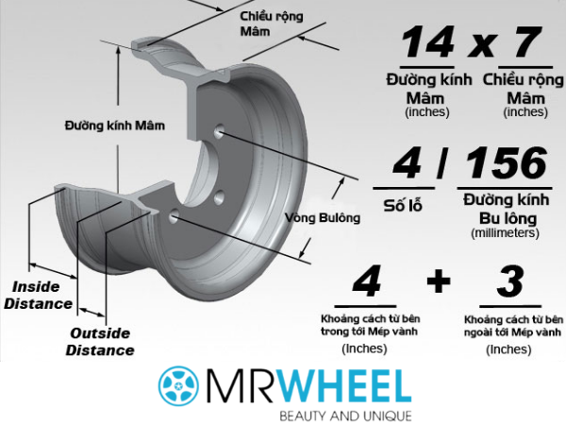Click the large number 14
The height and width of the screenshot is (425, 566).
tap(429, 44)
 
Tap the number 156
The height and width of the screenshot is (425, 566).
tap(507, 165)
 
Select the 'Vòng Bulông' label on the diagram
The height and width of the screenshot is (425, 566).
tap(323, 218)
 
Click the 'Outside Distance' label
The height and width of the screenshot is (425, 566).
tap(100, 341)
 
